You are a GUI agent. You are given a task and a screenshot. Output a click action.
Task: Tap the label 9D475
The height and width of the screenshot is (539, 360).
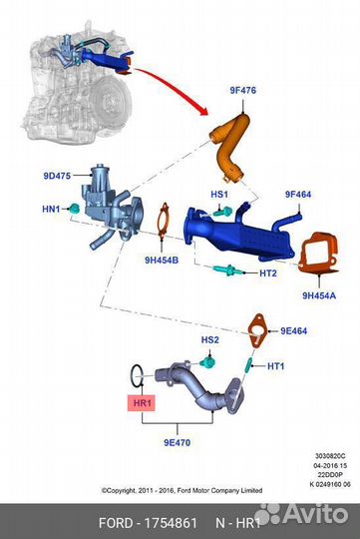[58, 176]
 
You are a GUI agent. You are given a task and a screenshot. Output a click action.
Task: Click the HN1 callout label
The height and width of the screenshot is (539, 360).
[51, 209]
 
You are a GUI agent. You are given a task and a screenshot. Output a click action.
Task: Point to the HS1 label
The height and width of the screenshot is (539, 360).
[219, 194]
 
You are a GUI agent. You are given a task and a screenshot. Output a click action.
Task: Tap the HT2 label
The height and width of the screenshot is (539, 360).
[267, 273]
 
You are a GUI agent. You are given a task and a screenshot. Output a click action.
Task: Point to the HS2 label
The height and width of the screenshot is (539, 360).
[209, 340]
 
